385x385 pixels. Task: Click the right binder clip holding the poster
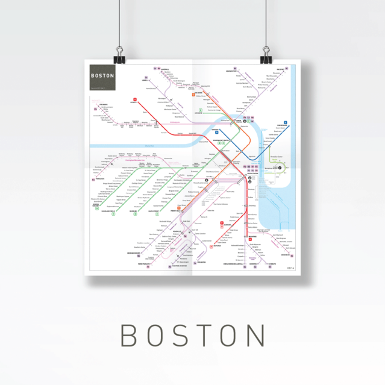[x=265, y=55]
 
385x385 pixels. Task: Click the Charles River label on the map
[x=150, y=146]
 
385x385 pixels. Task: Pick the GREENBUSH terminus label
[x=284, y=254]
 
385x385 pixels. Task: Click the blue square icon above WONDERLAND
[x=286, y=122]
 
